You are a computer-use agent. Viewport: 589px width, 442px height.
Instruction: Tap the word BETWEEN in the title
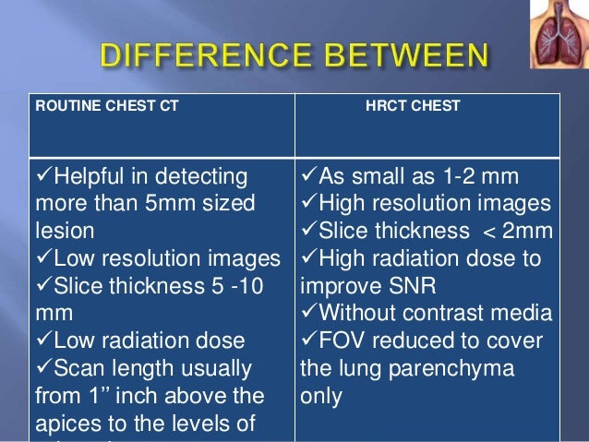click(410, 58)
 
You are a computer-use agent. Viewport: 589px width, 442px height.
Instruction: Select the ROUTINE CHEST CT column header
click(107, 106)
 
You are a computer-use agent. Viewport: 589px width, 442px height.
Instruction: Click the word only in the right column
click(320, 397)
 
